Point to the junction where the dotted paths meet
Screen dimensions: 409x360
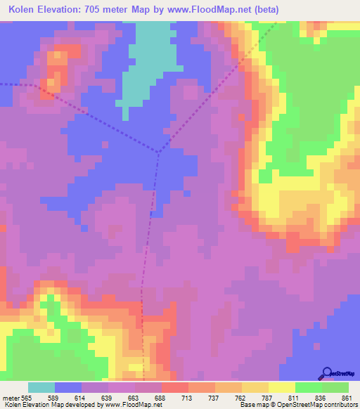pyautogui.click(x=159, y=151)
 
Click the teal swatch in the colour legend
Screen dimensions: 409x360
pyautogui.click(x=41, y=387)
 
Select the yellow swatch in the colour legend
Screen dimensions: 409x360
pyautogui.click(x=282, y=387)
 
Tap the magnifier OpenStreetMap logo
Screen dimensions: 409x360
pyautogui.click(x=326, y=373)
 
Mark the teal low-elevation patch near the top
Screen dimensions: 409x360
pyautogui.click(x=148, y=60)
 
